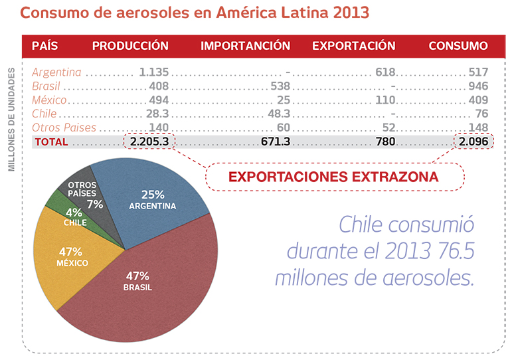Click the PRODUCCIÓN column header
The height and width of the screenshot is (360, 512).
(x=130, y=46)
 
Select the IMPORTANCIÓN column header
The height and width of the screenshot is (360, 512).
(x=245, y=46)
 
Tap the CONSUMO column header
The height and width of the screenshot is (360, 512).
(x=458, y=46)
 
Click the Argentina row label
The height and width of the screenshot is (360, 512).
(x=56, y=72)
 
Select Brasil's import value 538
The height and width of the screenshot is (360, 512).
(x=281, y=86)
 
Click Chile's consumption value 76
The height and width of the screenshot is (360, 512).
(x=481, y=114)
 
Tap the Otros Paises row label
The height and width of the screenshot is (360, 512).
(x=64, y=128)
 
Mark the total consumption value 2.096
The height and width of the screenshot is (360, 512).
(x=473, y=141)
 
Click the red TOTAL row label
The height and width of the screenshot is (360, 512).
(x=51, y=141)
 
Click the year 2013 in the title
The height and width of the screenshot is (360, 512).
(x=345, y=13)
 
